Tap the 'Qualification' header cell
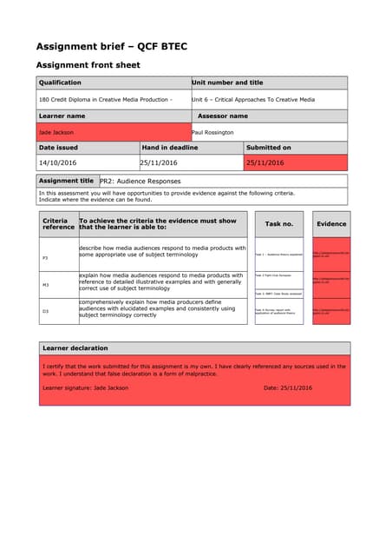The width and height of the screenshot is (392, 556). pos(60,83)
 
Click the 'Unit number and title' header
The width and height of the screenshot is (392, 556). pos(227,83)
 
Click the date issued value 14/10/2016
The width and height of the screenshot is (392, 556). pos(58,162)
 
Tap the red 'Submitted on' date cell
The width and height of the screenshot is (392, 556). pos(266,162)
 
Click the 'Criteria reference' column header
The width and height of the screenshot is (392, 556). pos(58,223)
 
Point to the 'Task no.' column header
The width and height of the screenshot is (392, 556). pos(278,223)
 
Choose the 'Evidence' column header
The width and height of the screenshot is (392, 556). pos(331,223)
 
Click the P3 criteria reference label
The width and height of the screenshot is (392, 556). pos(45,258)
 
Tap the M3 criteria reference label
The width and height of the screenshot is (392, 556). pos(45,284)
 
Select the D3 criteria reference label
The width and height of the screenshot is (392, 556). pos(45,310)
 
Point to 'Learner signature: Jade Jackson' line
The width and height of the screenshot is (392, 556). pos(86,387)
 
